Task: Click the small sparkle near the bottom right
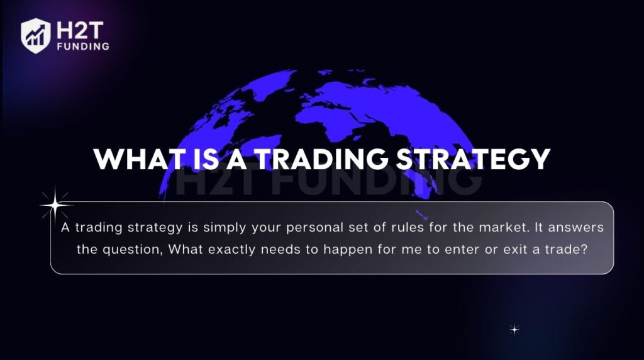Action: (x=514, y=329)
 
